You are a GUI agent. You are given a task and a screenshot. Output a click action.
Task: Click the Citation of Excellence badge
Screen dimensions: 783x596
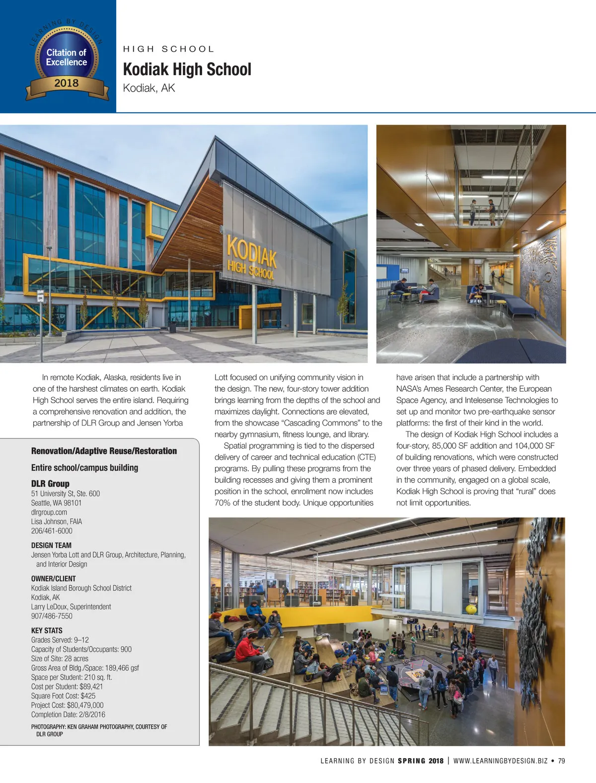(67, 59)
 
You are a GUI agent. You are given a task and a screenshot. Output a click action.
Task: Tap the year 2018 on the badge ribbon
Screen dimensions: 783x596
(67, 83)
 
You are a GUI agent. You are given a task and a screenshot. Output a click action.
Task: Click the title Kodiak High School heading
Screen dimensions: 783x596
(187, 70)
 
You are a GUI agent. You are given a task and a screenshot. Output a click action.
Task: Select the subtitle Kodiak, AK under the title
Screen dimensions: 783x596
(149, 88)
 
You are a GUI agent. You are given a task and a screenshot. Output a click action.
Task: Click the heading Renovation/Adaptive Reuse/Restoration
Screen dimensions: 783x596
(104, 451)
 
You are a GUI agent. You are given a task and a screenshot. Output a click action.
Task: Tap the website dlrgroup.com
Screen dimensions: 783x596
(49, 512)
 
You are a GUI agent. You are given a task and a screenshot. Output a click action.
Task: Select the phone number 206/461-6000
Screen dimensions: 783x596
(52, 531)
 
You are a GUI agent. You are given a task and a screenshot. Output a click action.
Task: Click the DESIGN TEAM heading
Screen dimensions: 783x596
(51, 545)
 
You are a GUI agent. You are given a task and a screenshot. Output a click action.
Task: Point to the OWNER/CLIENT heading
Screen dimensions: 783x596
(54, 579)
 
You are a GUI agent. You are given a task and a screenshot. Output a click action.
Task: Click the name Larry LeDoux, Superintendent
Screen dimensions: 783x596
(71, 607)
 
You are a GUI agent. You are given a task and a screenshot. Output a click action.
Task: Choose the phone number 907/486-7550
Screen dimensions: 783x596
(52, 616)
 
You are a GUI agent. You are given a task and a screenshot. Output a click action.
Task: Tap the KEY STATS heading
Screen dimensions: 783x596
(47, 630)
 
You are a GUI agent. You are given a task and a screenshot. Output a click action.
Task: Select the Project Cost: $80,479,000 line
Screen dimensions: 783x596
(68, 705)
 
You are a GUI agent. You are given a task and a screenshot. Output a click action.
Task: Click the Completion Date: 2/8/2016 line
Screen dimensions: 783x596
(68, 714)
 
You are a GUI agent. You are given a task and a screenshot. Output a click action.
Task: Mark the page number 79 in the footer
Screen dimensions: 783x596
(561, 761)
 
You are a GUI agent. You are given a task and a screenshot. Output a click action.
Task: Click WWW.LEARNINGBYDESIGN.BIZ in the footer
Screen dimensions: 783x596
(500, 761)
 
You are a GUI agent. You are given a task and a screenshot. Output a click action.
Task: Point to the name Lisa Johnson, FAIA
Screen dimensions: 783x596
(57, 522)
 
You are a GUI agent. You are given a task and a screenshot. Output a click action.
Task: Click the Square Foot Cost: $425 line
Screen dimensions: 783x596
(63, 696)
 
